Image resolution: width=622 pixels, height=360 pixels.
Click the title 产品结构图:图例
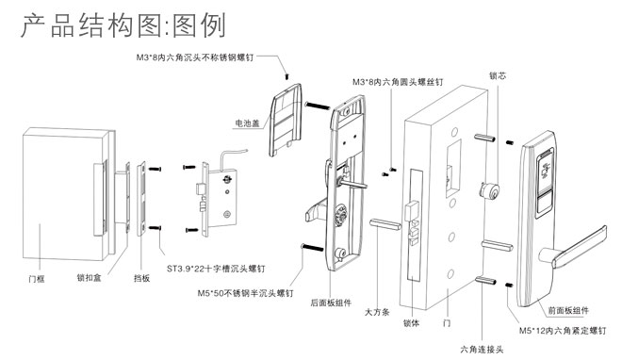click(123, 25)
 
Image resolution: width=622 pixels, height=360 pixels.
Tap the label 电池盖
click(247, 123)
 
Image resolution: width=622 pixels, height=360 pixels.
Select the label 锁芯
click(498, 75)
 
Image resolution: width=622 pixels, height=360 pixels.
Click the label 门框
click(37, 279)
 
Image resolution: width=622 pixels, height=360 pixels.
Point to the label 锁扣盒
click(90, 277)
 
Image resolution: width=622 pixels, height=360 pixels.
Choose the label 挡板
click(141, 278)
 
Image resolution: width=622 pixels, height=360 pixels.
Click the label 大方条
click(377, 312)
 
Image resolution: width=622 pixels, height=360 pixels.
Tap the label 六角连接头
click(482, 350)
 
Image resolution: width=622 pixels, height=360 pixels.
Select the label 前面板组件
click(568, 310)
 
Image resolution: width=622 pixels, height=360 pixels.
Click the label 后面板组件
click(331, 303)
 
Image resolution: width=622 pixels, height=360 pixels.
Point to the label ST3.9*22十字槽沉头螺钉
click(216, 269)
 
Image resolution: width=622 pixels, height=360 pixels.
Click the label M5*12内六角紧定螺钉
click(563, 330)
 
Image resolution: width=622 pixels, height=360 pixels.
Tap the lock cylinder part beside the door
click(489, 190)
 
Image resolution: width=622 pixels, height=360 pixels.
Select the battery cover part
click(286, 120)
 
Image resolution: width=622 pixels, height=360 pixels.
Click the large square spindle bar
click(385, 224)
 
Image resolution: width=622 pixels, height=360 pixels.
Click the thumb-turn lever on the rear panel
click(316, 209)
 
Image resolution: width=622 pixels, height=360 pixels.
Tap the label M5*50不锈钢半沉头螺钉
click(245, 293)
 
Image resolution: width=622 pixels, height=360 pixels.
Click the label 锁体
click(411, 322)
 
